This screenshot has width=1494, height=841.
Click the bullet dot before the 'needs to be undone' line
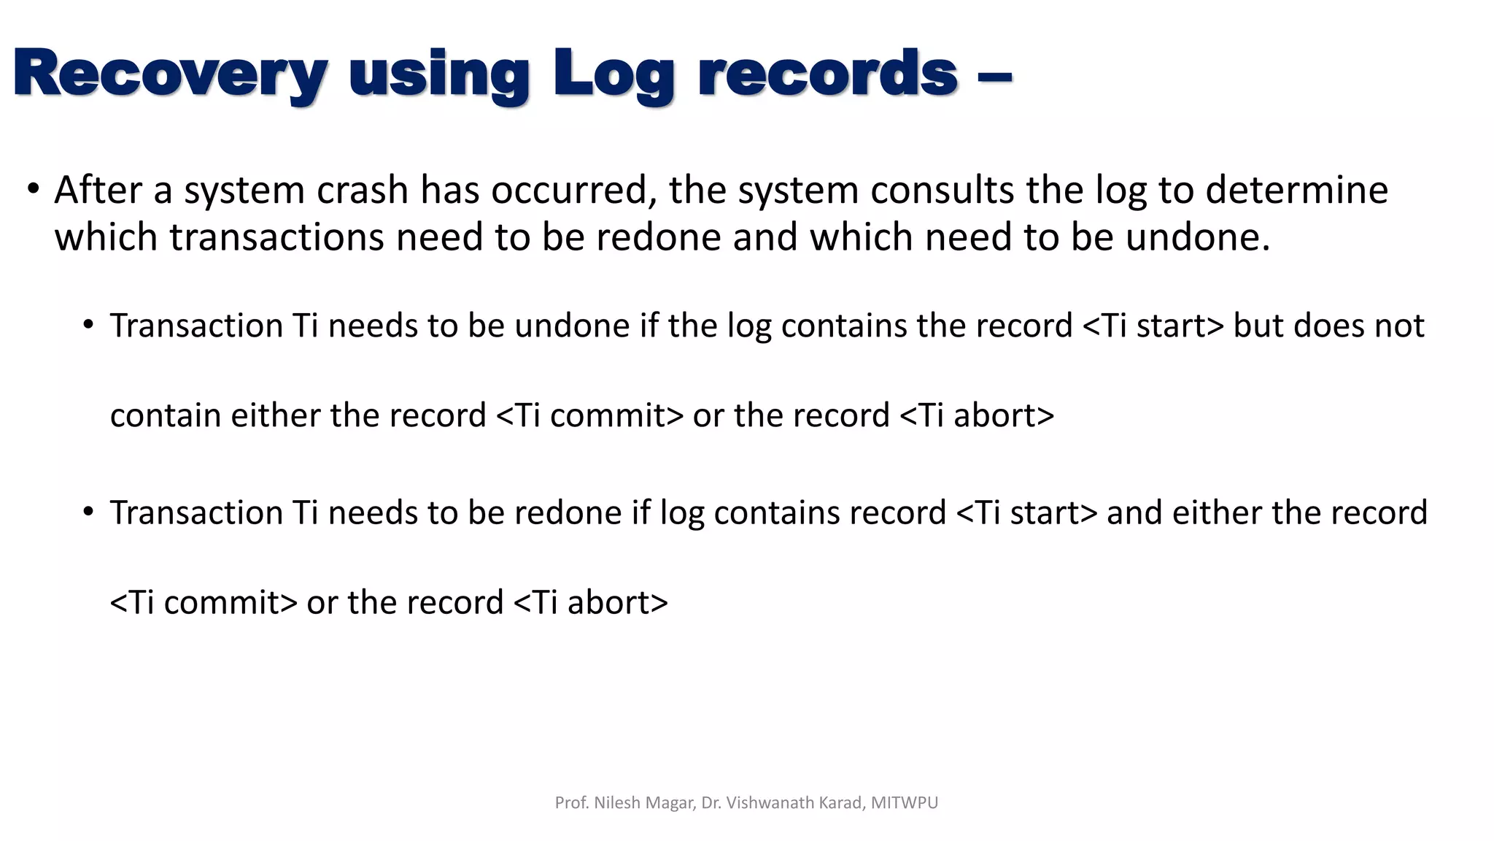[88, 325]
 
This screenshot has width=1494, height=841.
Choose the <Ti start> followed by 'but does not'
[1153, 326]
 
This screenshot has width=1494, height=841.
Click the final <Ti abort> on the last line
[591, 603]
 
